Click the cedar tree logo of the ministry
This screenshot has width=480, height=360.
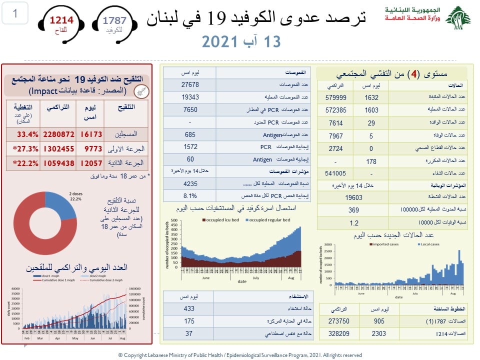(x=458, y=19)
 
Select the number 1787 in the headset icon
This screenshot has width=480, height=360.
(x=114, y=20)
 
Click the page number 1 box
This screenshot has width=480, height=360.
(x=15, y=14)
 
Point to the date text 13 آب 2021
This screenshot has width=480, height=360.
(x=241, y=41)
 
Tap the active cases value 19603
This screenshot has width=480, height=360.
(x=353, y=197)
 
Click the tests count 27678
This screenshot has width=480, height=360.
(x=190, y=85)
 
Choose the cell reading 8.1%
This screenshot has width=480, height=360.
(x=190, y=195)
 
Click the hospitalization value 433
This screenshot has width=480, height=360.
(x=188, y=308)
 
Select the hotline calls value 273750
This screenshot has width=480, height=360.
(x=336, y=321)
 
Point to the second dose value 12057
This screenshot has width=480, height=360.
(x=91, y=163)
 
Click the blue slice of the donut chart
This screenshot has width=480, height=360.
(x=60, y=205)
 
